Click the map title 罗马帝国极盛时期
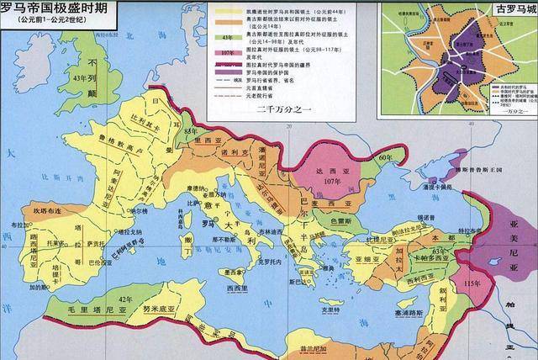pos(58,9)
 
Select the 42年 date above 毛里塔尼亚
pos(125,299)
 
